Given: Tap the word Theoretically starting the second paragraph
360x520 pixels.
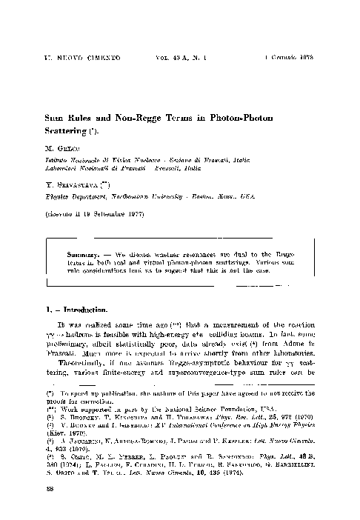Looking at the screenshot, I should point(76,366).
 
